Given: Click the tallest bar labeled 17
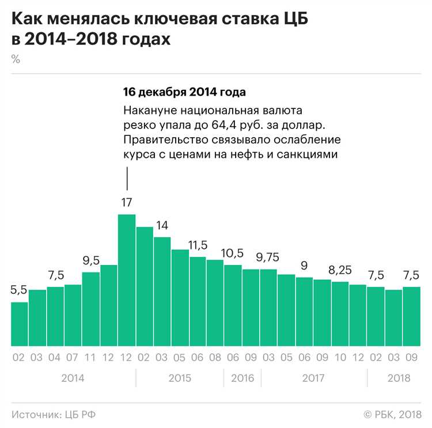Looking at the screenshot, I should (x=127, y=280).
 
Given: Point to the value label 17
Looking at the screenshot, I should (x=127, y=202).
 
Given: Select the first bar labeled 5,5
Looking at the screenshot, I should (x=19, y=324).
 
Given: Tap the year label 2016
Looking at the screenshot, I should (x=242, y=378).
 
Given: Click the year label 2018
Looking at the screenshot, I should (x=399, y=378).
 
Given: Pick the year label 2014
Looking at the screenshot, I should (x=73, y=378).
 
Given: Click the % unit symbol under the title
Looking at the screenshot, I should (x=16, y=59).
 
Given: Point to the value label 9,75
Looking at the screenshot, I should (x=268, y=257).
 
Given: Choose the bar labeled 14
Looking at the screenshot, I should (x=162, y=291).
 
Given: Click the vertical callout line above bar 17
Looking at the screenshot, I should (x=127, y=178).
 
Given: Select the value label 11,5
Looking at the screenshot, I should (x=198, y=245).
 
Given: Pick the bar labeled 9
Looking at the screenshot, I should (x=304, y=312).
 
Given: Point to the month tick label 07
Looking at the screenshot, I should (x=73, y=358).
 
